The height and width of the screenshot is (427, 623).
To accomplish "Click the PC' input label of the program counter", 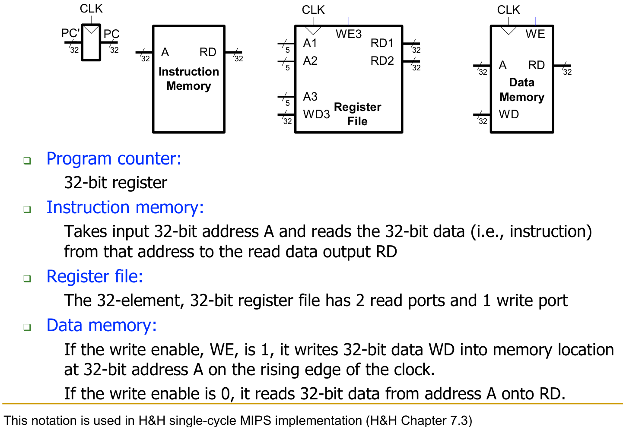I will [x=70, y=33].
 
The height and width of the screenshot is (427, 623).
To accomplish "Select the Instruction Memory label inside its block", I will [x=189, y=79].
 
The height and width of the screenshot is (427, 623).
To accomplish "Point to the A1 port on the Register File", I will [x=310, y=43].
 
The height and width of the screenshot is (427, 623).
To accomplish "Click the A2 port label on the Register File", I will [x=310, y=61].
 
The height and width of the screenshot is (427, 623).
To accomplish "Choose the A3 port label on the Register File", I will [x=310, y=96].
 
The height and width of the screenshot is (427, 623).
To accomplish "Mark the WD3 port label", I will [x=316, y=114].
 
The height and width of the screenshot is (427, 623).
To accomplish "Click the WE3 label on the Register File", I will [x=348, y=34].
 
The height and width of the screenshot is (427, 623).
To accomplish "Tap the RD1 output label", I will [x=382, y=43].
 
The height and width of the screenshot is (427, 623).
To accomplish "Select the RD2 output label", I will [x=382, y=61].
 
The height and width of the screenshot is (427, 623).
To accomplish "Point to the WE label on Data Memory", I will [x=535, y=34].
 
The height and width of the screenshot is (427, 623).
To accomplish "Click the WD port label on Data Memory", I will [x=509, y=114].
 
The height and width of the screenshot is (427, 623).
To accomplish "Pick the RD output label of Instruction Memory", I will [x=208, y=52].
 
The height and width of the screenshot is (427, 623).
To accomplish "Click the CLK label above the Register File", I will [x=313, y=9].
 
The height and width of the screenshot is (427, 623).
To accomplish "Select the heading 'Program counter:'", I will [x=114, y=158].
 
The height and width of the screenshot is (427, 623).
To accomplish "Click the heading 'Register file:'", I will [x=95, y=276].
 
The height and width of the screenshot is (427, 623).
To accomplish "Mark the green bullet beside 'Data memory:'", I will [x=27, y=327].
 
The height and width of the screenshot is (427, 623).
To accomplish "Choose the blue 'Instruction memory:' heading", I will [x=125, y=207].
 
